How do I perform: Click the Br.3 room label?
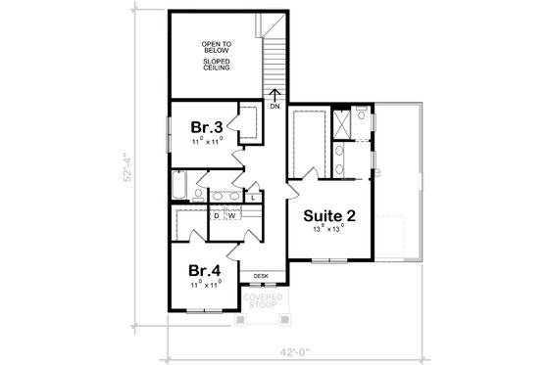point(207,126)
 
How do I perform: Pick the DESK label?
point(260,277)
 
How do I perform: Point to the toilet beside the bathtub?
point(198,195)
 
